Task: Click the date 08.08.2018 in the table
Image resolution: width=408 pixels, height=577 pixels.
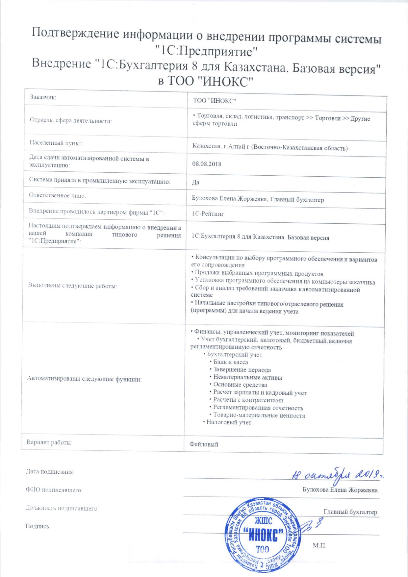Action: coord(207,164)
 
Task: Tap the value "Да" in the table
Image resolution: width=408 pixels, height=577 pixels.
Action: coord(196,182)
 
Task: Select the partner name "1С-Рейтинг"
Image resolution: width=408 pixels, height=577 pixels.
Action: coord(208,214)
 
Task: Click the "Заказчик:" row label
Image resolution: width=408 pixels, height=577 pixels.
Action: coord(43,97)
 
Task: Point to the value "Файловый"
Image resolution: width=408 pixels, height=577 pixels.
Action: coord(204,444)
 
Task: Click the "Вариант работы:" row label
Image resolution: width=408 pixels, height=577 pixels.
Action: coord(49,442)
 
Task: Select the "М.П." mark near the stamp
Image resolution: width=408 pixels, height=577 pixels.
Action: coord(319,545)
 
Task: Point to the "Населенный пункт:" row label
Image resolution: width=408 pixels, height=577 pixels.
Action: coord(56,143)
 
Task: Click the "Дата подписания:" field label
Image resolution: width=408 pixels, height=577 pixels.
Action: coord(50,472)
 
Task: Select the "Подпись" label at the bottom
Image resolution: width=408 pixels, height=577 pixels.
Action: coord(37,526)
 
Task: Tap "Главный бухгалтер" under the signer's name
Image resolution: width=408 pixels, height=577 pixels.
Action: coord(350,512)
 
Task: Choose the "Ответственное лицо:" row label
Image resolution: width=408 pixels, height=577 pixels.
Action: coord(58,195)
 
